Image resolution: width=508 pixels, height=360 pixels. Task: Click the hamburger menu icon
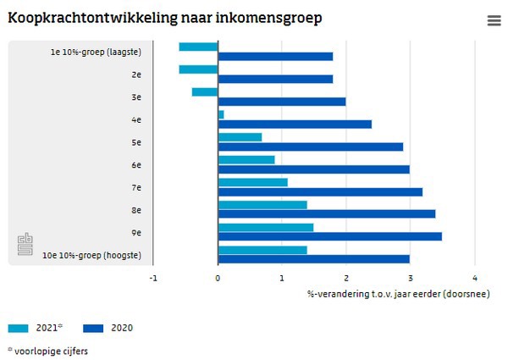tap(494, 21)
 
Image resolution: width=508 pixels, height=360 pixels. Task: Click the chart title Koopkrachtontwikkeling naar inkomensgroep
tap(164, 18)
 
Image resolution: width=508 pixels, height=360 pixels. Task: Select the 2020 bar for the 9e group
tap(330, 236)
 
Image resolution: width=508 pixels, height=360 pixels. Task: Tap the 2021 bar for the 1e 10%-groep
tap(198, 47)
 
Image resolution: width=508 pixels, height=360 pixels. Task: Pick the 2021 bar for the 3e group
tap(205, 91)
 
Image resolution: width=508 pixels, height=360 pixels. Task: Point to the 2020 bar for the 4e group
tap(295, 125)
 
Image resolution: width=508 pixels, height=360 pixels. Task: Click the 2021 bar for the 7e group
tap(252, 182)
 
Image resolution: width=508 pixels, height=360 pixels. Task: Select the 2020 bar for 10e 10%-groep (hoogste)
tap(314, 259)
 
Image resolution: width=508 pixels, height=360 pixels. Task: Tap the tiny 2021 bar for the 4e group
tap(221, 114)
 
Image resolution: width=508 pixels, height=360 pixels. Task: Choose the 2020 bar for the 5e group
tap(311, 147)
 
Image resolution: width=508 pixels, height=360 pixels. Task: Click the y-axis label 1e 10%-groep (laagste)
tap(95, 53)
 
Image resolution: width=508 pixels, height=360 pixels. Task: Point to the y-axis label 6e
tap(135, 165)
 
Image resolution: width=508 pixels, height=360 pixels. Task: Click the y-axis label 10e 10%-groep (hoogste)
tap(91, 255)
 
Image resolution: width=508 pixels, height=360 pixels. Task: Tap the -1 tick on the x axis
tap(153, 277)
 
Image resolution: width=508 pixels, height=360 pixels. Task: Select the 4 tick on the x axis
tap(475, 277)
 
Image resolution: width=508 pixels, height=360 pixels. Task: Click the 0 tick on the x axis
tap(218, 277)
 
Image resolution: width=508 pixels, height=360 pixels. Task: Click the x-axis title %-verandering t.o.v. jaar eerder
tap(398, 293)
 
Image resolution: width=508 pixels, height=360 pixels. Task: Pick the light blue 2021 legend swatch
tap(18, 328)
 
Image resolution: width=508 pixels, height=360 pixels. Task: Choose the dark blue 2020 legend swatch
tap(94, 328)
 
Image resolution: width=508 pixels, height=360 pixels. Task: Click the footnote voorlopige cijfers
tap(50, 350)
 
